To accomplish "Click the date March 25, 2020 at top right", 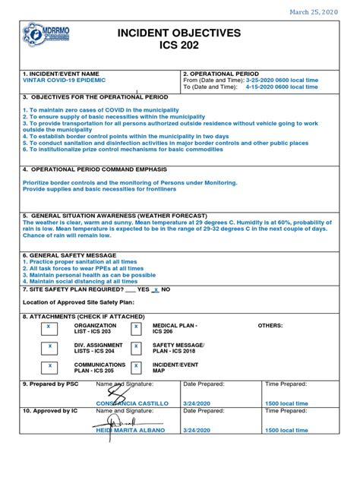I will (x=314, y=12).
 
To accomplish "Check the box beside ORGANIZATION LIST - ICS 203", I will (x=49, y=327).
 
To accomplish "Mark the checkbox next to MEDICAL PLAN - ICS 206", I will (x=136, y=327).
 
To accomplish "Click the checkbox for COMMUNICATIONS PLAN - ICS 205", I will (x=49, y=366).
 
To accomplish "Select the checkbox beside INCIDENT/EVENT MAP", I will (x=136, y=366).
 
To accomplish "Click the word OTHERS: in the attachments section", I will (x=270, y=324).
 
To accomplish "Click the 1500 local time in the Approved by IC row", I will (x=286, y=430).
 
